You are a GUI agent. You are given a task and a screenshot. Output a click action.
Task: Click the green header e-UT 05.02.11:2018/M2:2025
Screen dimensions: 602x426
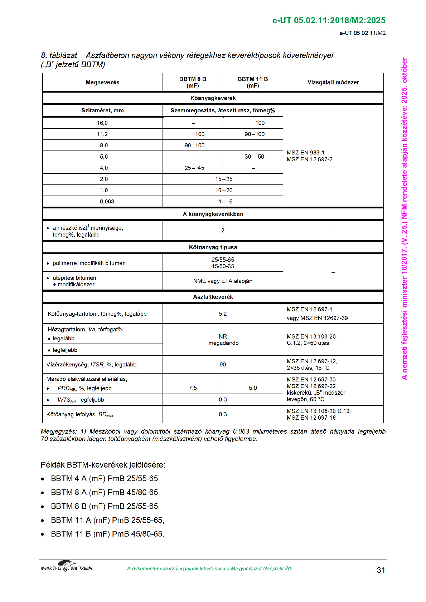[329, 20]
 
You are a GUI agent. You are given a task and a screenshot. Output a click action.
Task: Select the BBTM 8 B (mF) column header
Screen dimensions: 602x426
[193, 82]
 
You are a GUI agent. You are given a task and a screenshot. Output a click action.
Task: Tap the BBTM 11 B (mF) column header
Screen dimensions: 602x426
[253, 82]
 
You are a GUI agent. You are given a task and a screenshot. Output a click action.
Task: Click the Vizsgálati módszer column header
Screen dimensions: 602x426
[333, 82]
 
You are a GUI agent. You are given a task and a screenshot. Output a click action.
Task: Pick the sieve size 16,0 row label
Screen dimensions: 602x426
[102, 123]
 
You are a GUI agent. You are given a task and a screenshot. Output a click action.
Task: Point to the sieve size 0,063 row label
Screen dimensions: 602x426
[107, 202]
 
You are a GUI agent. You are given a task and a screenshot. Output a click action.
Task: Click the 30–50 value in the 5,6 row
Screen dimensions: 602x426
[254, 157]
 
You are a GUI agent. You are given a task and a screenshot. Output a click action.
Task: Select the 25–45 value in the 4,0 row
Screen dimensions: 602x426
[194, 168]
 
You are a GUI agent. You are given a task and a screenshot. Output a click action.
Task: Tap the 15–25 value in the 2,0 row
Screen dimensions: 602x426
[224, 179]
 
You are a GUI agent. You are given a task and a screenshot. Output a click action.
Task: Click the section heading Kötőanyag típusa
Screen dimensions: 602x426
[213, 247]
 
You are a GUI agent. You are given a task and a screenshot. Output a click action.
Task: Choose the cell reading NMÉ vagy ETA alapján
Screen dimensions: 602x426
[223, 281]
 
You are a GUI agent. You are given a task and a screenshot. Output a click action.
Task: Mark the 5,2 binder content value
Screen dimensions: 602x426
[223, 314]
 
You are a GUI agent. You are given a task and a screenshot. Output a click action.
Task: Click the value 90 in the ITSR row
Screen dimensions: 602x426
[223, 365]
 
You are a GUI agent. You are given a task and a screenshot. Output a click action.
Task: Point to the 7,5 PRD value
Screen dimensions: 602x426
[193, 388]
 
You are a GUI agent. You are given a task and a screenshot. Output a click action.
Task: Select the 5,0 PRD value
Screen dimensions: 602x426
[253, 388]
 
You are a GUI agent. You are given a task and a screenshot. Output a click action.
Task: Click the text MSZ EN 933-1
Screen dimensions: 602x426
[305, 153]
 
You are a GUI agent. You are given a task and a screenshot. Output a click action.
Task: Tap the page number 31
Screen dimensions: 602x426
[381, 570]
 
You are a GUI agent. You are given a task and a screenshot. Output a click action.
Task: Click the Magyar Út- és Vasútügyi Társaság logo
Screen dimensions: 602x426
[66, 566]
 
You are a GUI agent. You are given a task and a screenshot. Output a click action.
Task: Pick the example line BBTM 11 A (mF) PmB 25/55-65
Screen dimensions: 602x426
[107, 520]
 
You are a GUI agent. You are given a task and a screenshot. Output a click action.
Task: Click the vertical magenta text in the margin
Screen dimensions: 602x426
[404, 218]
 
